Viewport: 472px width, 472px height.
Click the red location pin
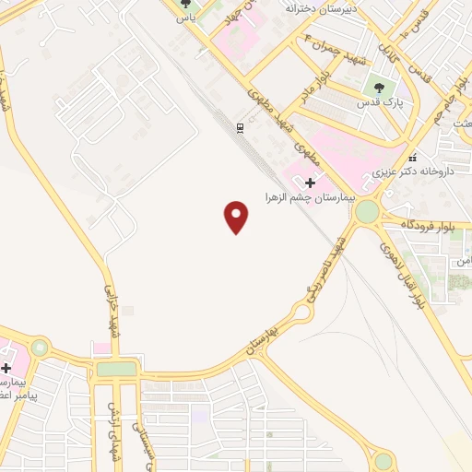tap(237, 217)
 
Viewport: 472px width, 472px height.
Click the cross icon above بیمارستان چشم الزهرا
tap(310, 183)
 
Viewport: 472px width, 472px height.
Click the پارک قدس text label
tap(380, 104)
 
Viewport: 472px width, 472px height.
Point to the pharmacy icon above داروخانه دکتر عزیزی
tap(412, 157)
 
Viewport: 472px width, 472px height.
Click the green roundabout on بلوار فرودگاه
tap(367, 212)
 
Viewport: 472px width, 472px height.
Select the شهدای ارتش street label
tap(115, 419)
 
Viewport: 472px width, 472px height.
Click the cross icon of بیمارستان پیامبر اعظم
tap(6, 368)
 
